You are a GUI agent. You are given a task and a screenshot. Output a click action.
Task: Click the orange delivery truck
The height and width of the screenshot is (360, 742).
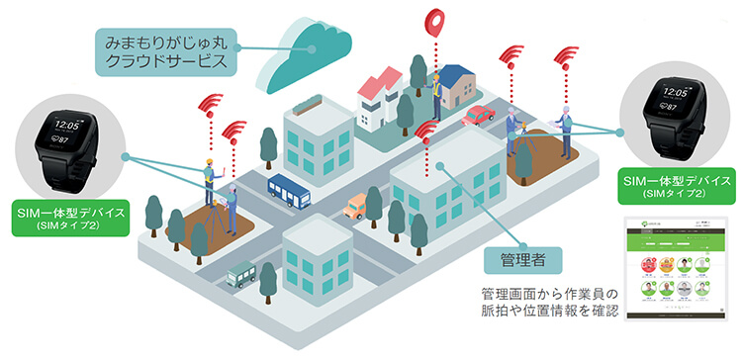(356, 206)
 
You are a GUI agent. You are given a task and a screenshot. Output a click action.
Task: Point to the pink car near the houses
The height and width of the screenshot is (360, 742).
(479, 116)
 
